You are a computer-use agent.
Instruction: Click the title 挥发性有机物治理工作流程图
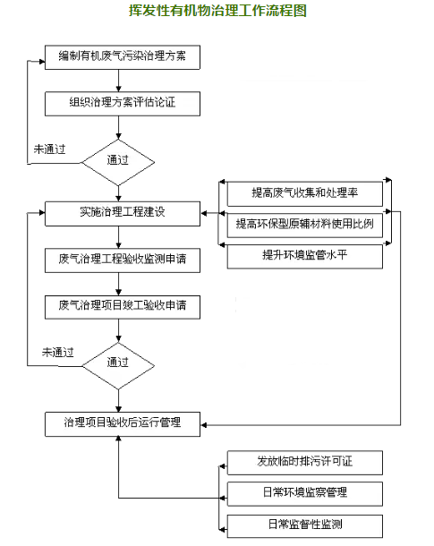coord(217,11)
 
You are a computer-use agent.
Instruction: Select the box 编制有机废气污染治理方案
coord(123,57)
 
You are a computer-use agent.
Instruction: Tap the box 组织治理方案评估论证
coord(123,104)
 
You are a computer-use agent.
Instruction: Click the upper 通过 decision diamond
coord(118,162)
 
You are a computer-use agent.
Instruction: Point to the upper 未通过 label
coord(49,149)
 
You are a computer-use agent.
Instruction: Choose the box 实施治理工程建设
coord(123,213)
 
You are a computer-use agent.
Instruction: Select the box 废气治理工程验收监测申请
coord(123,260)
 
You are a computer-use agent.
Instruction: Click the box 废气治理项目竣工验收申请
coord(123,307)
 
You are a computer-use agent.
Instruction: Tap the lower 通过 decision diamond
coord(118,365)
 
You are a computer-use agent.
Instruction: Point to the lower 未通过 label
coord(58,353)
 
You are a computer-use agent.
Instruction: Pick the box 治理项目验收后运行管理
coord(123,424)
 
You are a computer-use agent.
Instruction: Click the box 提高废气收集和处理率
coord(305,193)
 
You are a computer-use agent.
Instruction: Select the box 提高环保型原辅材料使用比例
coord(305,225)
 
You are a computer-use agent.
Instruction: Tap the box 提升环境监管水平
coord(305,256)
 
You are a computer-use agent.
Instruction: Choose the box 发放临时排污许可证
coord(305,463)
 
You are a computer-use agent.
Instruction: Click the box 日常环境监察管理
coord(305,494)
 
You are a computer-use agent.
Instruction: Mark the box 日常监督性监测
coord(305,525)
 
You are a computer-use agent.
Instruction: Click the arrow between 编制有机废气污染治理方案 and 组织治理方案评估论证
coord(119,81)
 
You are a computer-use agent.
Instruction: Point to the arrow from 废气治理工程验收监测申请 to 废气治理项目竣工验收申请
coord(119,284)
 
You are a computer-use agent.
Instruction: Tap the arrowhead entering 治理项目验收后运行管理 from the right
coord(204,425)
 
